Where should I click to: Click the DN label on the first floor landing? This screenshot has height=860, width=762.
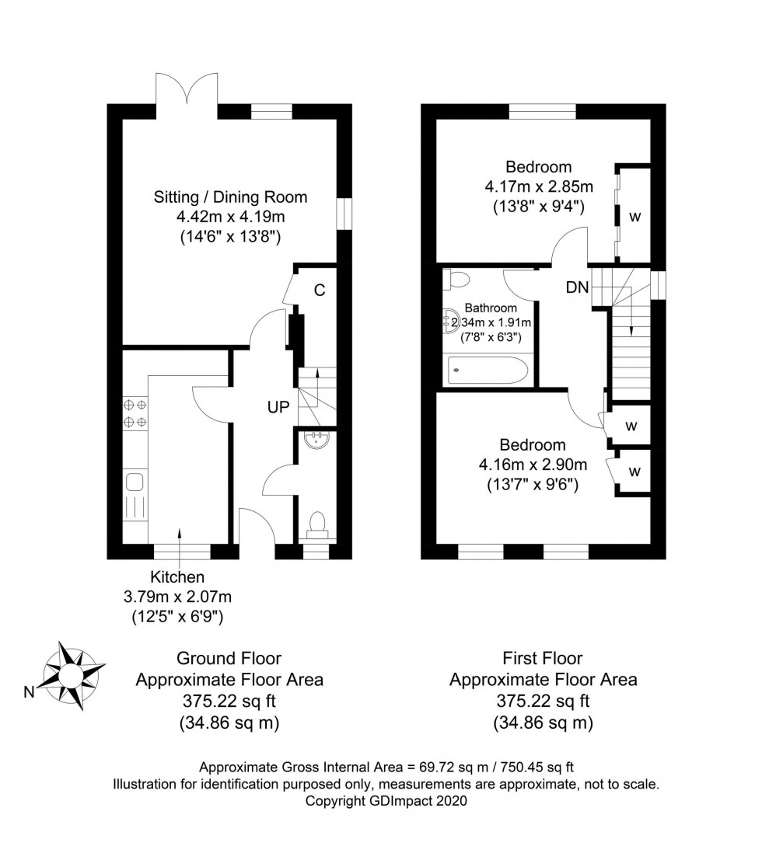(x=576, y=288)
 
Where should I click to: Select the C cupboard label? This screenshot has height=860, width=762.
(x=319, y=291)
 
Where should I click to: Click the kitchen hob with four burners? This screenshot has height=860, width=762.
(x=135, y=413)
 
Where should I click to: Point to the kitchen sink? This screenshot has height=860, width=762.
(x=135, y=482)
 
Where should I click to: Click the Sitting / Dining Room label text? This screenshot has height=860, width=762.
(x=230, y=197)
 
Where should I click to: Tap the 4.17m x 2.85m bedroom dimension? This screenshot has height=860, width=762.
(x=539, y=186)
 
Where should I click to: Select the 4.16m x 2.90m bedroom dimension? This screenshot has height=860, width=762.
(x=533, y=465)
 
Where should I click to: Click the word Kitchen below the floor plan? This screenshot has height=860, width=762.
(x=178, y=577)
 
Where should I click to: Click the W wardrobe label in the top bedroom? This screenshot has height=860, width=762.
(x=634, y=217)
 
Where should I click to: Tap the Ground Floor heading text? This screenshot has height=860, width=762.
(x=229, y=659)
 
